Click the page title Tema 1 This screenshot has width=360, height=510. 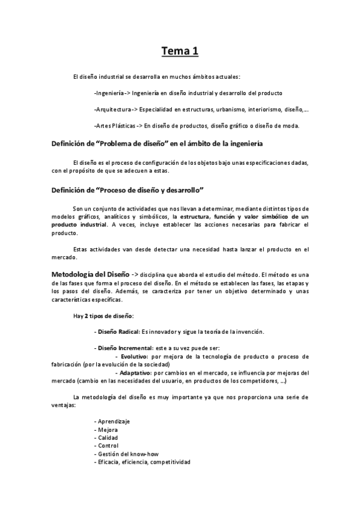(x=180, y=52)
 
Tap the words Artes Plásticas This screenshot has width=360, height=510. (x=115, y=126)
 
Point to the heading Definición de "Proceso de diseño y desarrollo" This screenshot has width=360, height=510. (x=129, y=190)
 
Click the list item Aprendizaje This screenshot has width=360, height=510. (x=113, y=421)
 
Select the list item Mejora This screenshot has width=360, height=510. (x=107, y=429)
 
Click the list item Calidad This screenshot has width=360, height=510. (x=108, y=437)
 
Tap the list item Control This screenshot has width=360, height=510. (x=108, y=446)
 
